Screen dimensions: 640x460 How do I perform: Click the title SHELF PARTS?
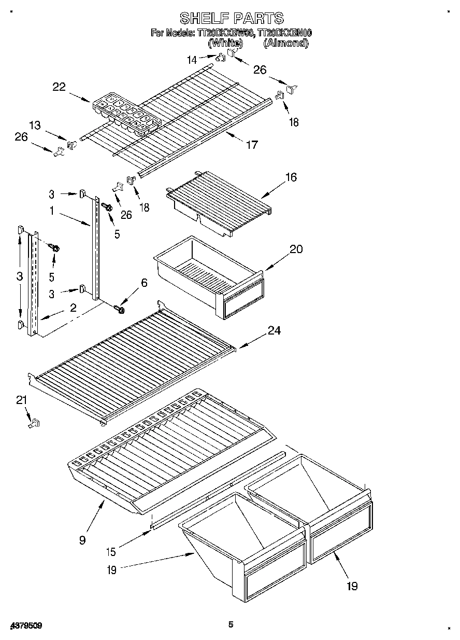pyautogui.click(x=232, y=18)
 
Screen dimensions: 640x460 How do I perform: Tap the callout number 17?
pyautogui.click(x=251, y=145)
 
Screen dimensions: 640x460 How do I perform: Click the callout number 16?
pyautogui.click(x=291, y=177)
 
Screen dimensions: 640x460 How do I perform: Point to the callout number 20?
pyautogui.click(x=296, y=249)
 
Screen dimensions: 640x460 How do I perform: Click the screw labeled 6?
pyautogui.click(x=120, y=310)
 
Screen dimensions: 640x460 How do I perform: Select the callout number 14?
pyautogui.click(x=192, y=60)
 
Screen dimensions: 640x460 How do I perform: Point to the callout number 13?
pyautogui.click(x=35, y=126)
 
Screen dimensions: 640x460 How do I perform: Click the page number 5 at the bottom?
pyautogui.click(x=231, y=624)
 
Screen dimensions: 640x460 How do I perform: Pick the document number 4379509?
pyautogui.click(x=25, y=625)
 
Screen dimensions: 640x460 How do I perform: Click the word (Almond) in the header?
pyautogui.click(x=285, y=44)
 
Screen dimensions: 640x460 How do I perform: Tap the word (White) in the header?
pyautogui.click(x=225, y=44)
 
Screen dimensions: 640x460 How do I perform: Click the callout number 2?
pyautogui.click(x=73, y=308)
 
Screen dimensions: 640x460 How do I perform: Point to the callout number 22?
pyautogui.click(x=59, y=87)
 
